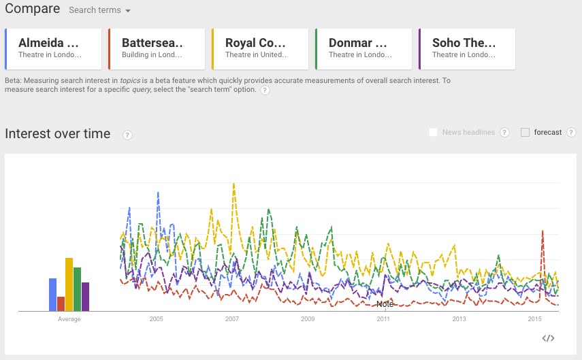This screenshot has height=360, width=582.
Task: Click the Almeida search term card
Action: pos(53,48)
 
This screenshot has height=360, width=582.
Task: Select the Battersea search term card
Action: pos(157,48)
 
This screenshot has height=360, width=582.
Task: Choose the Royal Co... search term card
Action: pos(260,48)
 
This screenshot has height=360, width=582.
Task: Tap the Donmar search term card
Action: pos(363,48)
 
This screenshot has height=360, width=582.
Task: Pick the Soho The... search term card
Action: pos(467,48)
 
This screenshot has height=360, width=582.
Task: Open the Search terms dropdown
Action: pos(99,10)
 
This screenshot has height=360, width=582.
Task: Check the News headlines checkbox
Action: pos(433,132)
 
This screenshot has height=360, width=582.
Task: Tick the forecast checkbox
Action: pos(525,132)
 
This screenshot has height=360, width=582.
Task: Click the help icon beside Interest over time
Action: pos(127,135)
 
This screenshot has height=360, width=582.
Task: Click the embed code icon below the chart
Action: pos(549,338)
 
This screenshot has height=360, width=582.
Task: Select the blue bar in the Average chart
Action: pos(52,294)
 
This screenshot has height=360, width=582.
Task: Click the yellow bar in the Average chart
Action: pos(69,284)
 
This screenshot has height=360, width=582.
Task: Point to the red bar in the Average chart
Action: pos(61,304)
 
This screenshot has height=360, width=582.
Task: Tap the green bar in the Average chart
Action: pos(77,289)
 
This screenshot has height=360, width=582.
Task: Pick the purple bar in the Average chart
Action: pos(85,297)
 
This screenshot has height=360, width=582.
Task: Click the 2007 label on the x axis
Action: pos(232,319)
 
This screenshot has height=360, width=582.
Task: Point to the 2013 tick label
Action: pos(459,319)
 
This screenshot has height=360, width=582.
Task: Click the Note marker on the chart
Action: pos(385,304)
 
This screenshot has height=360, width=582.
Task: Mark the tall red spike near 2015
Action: pos(543,231)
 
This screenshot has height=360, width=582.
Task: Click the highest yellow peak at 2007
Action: pos(234,184)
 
